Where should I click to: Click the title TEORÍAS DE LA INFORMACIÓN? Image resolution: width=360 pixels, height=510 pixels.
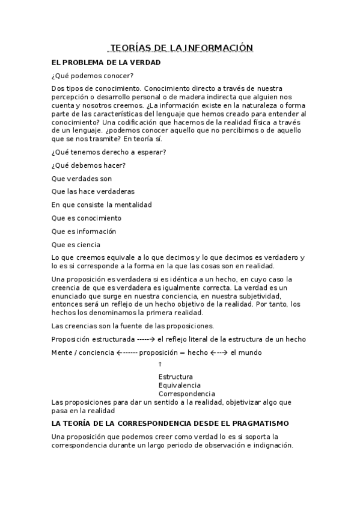click(x=180, y=48)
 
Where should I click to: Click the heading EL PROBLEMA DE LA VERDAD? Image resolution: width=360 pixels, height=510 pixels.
click(x=106, y=63)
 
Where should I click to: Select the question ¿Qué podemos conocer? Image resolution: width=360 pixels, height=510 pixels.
click(x=93, y=75)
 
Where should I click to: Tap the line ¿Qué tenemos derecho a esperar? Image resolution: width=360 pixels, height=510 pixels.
click(x=109, y=152)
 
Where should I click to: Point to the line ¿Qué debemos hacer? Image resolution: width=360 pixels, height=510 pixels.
click(x=89, y=165)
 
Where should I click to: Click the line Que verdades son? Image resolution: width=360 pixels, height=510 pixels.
click(x=82, y=179)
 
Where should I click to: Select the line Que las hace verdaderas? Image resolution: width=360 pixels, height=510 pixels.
click(x=94, y=191)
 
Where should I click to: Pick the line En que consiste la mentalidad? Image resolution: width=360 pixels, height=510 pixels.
click(x=102, y=204)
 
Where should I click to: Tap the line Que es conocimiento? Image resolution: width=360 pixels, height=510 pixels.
click(x=87, y=218)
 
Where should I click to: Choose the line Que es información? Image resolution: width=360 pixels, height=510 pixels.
click(x=84, y=231)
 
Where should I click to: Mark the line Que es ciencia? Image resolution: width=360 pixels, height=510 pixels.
click(x=76, y=245)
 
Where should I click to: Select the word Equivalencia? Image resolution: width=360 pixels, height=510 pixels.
click(x=180, y=386)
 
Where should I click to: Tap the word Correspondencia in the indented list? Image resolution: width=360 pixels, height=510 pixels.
click(x=187, y=394)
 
